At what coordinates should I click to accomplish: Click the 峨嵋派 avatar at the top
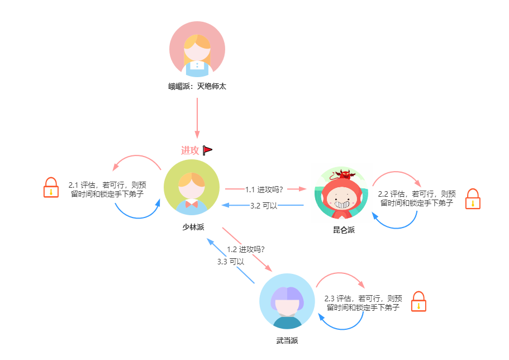[x=197, y=49]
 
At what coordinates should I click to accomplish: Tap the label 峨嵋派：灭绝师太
[x=197, y=87]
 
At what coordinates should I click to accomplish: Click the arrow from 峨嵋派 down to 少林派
[x=197, y=117]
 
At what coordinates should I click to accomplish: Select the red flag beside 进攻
[x=207, y=150]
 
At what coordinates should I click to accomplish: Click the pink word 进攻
[x=190, y=150]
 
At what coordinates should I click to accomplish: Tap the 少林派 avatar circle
[x=192, y=187]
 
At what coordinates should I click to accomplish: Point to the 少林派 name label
[x=193, y=226]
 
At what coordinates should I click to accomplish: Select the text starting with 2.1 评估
[x=108, y=190]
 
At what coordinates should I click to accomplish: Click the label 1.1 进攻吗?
[x=264, y=189]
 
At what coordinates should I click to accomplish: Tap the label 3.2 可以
[x=264, y=206]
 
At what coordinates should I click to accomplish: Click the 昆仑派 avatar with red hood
[x=341, y=193]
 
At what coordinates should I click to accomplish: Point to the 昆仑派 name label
[x=343, y=230]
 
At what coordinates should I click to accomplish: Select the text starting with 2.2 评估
[x=417, y=198]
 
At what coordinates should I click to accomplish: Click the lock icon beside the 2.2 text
[x=473, y=198]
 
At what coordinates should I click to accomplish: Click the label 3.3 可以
[x=230, y=261]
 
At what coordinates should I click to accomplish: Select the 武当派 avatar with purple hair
[x=287, y=301]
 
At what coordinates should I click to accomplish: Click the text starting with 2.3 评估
[x=363, y=303]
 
